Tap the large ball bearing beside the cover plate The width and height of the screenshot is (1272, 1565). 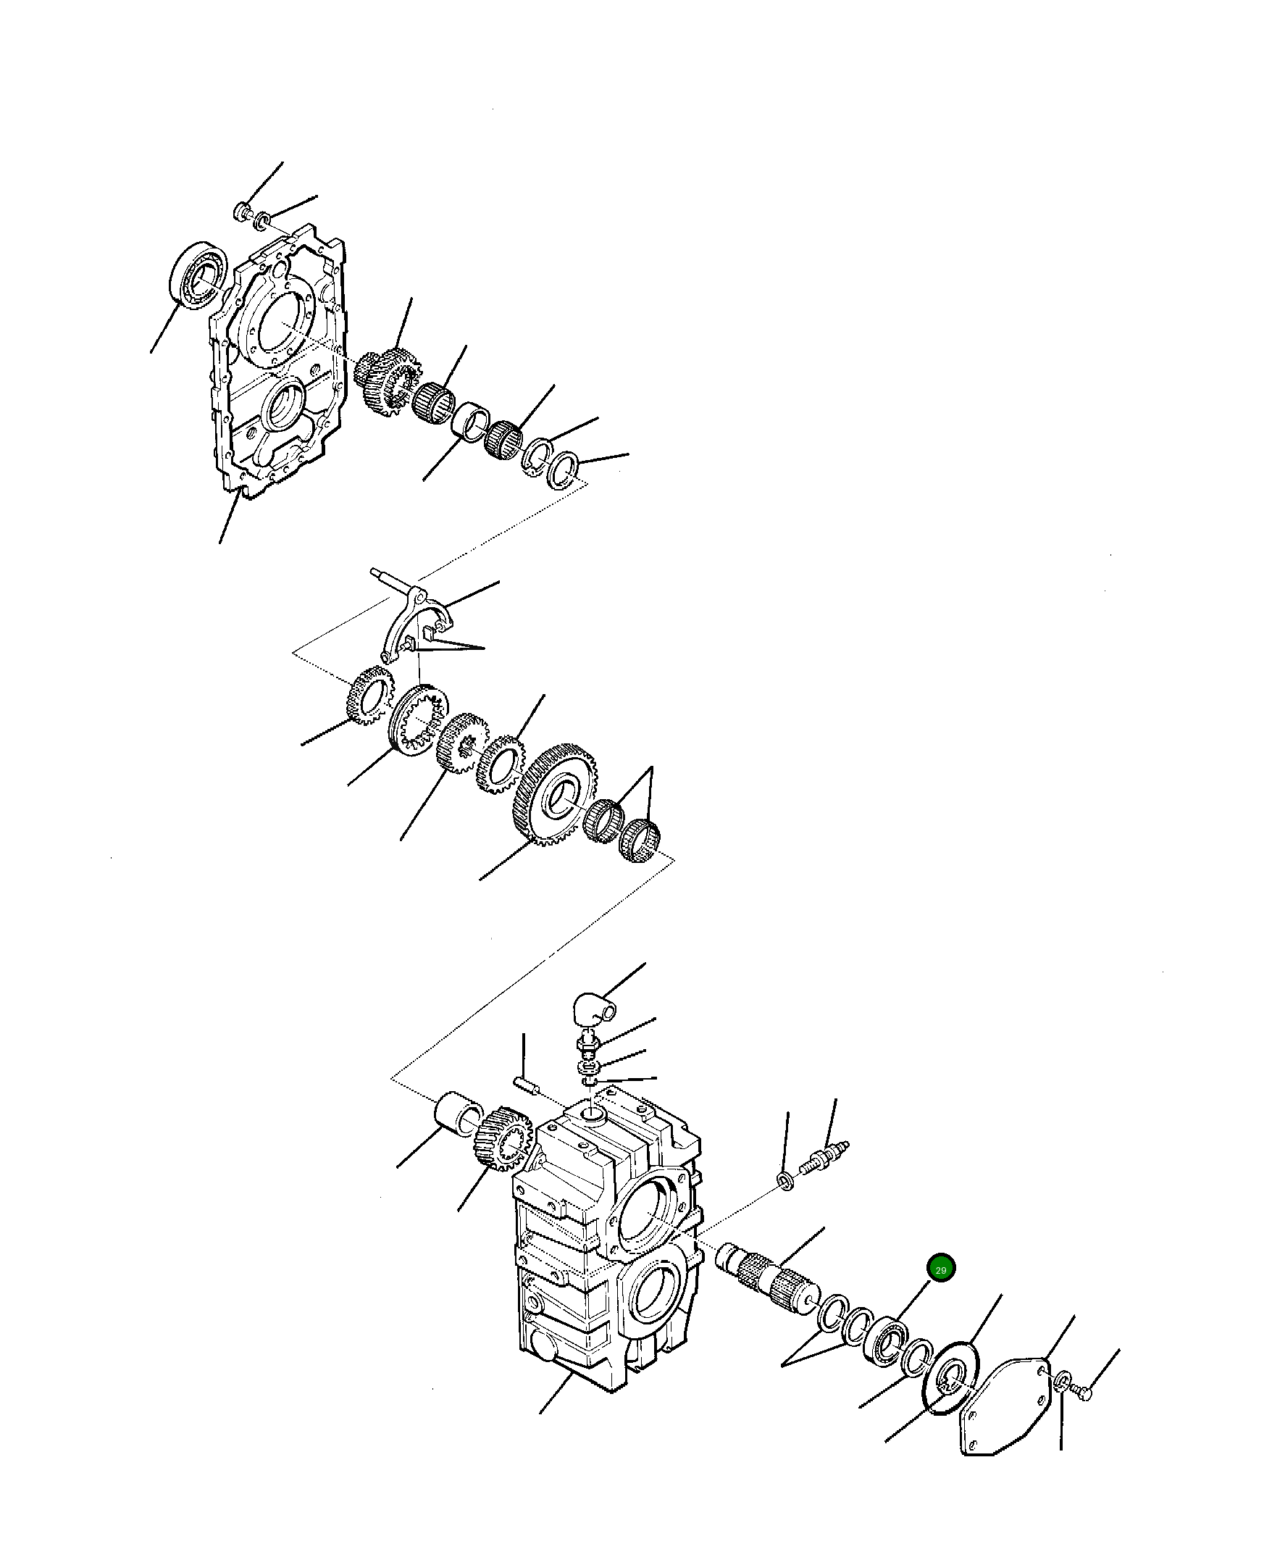[x=198, y=273]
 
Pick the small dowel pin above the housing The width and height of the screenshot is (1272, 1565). [x=526, y=1083]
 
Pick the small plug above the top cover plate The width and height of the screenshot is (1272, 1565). [x=242, y=212]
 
